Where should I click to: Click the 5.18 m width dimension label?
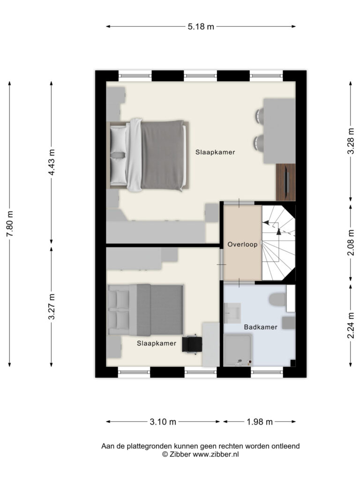point(201,27)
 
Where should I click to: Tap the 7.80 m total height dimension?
point(10,224)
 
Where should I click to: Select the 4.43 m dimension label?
point(52,162)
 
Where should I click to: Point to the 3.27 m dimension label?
point(52,307)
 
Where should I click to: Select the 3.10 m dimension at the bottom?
point(163,422)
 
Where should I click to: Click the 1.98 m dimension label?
point(260,422)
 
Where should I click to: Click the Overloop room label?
point(242,244)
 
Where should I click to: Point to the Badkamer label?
point(261,327)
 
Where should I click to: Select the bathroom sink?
point(232,313)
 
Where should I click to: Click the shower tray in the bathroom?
point(238,350)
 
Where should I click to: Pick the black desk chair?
point(192,345)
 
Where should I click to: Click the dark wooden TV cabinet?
point(285,182)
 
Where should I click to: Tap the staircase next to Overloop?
point(278,243)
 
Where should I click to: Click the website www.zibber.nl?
point(216,454)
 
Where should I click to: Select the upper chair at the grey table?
point(259,117)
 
